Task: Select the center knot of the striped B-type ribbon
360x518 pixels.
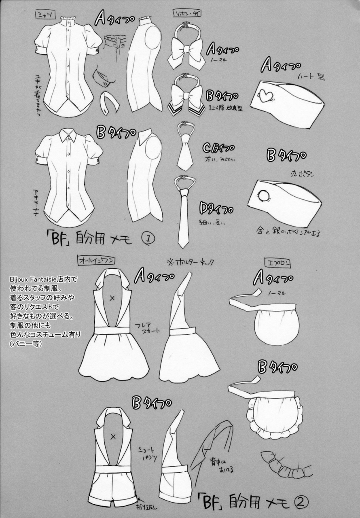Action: [x=186, y=95]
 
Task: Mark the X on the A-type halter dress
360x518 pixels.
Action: [x=113, y=298]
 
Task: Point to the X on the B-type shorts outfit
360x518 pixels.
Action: [x=113, y=436]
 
